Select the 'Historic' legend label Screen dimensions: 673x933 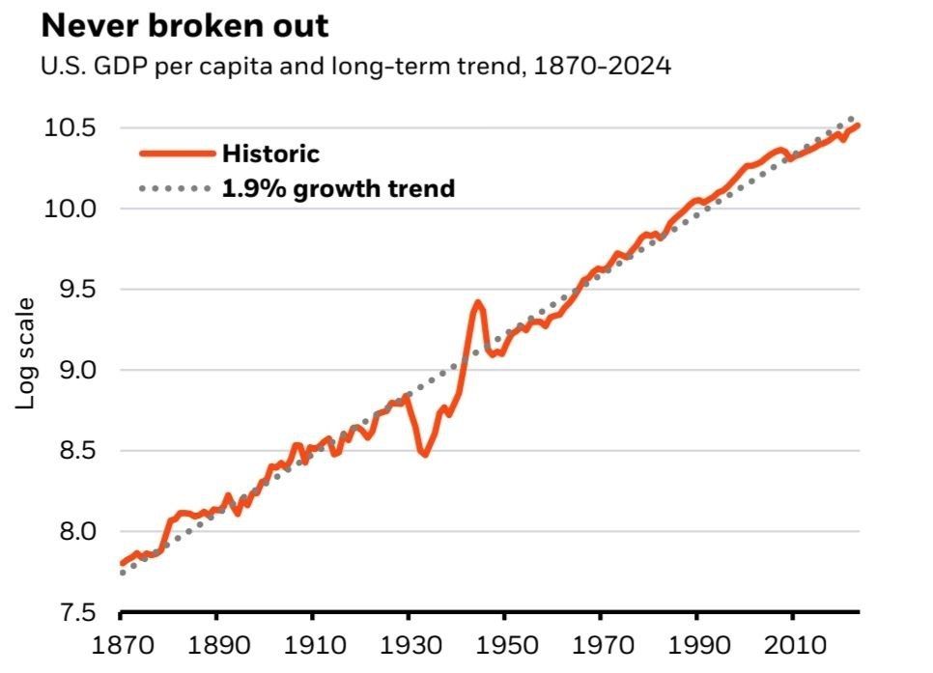click(270, 153)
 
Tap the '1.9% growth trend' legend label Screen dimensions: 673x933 click(338, 188)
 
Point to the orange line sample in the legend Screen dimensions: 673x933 click(176, 153)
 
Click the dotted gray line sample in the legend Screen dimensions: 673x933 click(176, 188)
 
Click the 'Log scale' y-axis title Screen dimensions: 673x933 click(26, 352)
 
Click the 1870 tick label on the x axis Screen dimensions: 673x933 click(121, 644)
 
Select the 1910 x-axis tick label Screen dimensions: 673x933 click(312, 644)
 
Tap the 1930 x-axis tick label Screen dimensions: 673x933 click(408, 644)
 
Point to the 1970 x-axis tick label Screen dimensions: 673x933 click(600, 644)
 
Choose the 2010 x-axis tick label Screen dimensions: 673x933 click(791, 644)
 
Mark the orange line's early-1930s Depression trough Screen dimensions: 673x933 click(424, 454)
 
